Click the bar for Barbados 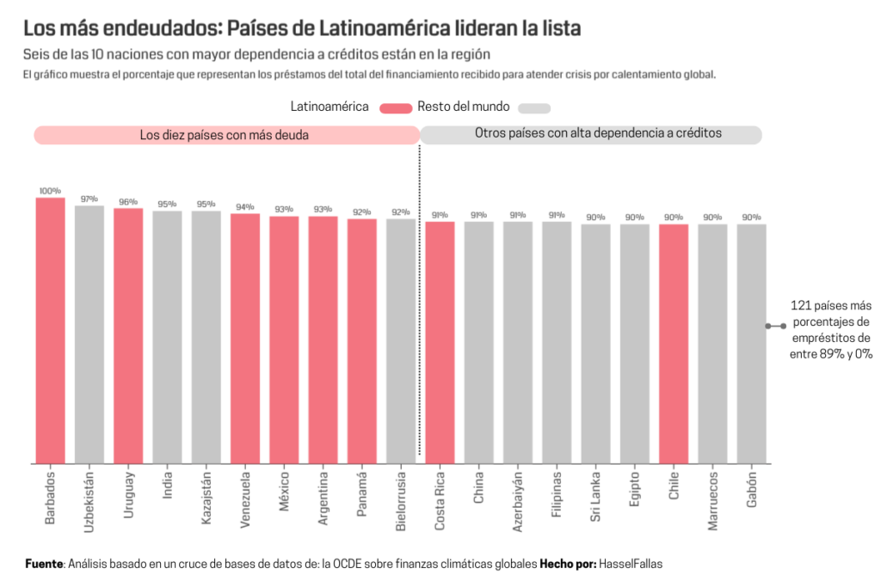[50, 331]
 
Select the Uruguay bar [128, 336]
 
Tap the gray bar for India [167, 337]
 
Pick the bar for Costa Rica [440, 343]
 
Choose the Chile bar [674, 344]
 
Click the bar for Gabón [751, 344]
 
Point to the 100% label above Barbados [50, 191]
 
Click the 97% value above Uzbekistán [89, 199]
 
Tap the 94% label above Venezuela [245, 206]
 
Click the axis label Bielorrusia [401, 499]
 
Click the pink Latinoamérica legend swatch [396, 108]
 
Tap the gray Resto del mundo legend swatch [535, 108]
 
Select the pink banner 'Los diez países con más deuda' [226, 135]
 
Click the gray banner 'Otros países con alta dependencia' [590, 134]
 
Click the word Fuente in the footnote [43, 564]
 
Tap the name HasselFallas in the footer [631, 564]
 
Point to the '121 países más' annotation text [830, 306]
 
